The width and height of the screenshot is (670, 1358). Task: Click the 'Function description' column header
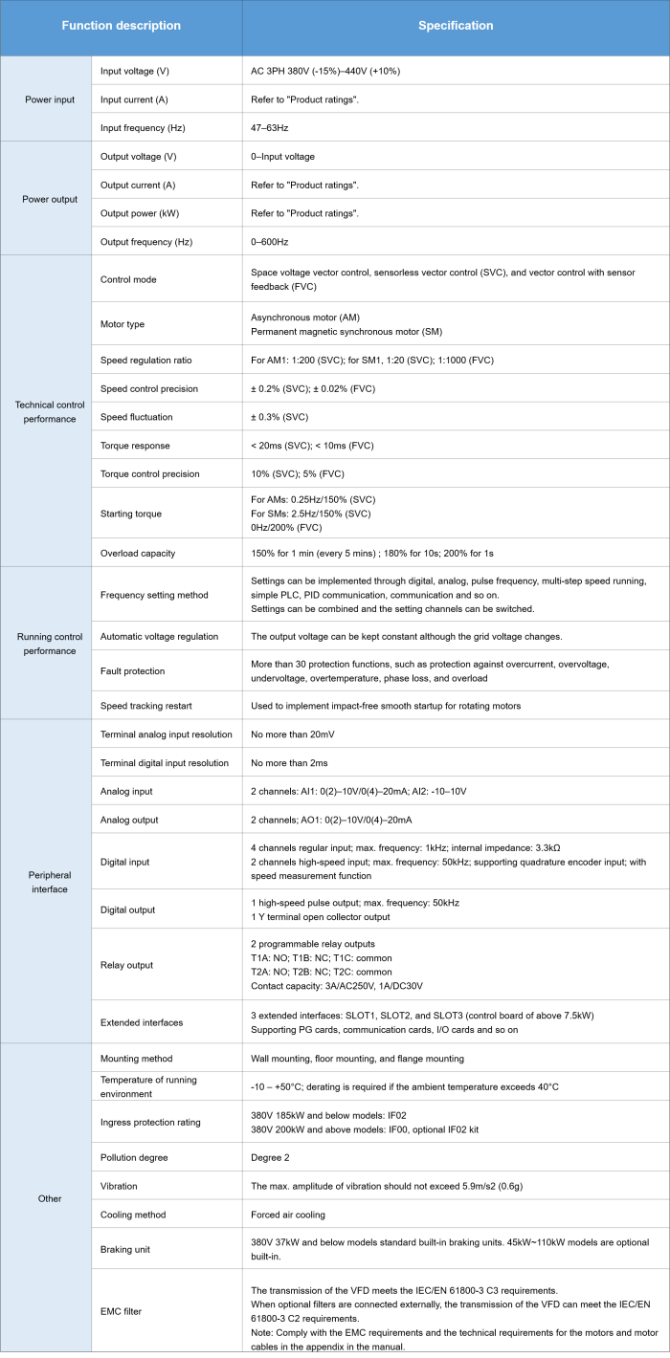click(x=121, y=26)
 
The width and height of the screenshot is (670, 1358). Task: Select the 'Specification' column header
click(x=456, y=26)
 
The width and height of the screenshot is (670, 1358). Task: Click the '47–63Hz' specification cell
click(x=271, y=127)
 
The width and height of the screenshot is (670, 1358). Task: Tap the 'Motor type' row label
click(x=123, y=324)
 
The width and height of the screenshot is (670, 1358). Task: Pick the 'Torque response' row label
click(x=135, y=445)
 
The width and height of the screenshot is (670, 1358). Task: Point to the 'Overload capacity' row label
click(x=138, y=553)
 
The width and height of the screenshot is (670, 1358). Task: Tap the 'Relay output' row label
click(x=126, y=965)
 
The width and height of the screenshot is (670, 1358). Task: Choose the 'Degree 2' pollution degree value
click(x=274, y=1157)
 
